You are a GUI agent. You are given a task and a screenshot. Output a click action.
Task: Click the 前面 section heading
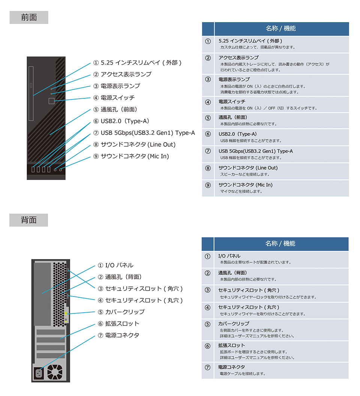coord(29,18)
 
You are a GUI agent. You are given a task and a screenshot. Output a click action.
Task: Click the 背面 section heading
coord(29,220)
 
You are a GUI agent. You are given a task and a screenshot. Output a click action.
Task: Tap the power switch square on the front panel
coord(52,101)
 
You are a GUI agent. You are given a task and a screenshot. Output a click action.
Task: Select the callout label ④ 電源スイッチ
coord(114,98)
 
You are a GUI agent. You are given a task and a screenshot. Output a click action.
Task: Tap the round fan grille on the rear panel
coord(55,371)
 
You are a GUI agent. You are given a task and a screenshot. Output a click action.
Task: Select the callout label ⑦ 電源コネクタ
coord(118,335)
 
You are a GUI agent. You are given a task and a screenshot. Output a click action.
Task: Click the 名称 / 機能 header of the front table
coord(280,29)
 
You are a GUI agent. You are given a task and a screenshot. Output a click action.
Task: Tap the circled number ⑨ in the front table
coord(208,185)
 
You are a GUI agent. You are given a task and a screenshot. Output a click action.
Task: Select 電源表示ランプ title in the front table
coord(234,80)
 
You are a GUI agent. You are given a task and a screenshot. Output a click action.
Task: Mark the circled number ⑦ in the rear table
coord(207,367)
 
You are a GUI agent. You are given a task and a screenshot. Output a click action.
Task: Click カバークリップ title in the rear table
coord(233,324)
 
